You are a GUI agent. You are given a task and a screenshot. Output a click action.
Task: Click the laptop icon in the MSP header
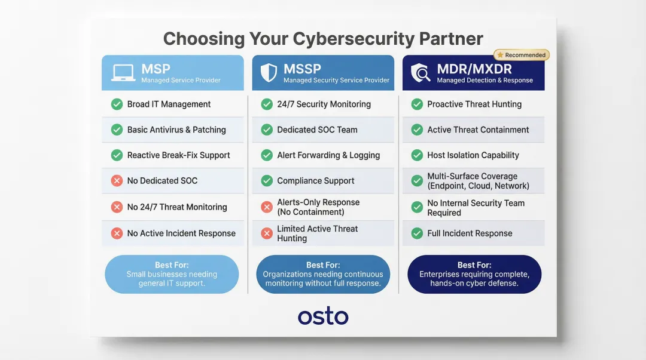pyautogui.click(x=123, y=73)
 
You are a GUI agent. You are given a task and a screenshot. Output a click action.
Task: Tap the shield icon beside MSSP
pyautogui.click(x=269, y=73)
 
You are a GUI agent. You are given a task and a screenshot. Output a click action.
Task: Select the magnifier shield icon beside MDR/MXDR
pyautogui.click(x=420, y=73)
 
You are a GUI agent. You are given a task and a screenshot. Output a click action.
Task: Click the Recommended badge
pyautogui.click(x=522, y=55)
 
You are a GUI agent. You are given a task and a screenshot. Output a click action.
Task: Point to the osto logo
pyautogui.click(x=323, y=316)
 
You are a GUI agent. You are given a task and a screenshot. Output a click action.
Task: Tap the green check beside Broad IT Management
pyautogui.click(x=117, y=104)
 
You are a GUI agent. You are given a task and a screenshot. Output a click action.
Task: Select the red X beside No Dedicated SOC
pyautogui.click(x=117, y=181)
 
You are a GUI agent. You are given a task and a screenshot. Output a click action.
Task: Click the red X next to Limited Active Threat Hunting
pyautogui.click(x=267, y=233)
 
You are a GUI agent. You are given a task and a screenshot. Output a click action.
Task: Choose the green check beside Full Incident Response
pyautogui.click(x=417, y=233)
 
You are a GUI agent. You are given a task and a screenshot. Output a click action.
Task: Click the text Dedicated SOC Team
pyautogui.click(x=317, y=130)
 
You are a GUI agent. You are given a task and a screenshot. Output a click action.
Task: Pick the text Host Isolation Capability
pyautogui.click(x=473, y=155)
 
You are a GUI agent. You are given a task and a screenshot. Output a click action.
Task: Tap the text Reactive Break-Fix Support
pyautogui.click(x=178, y=155)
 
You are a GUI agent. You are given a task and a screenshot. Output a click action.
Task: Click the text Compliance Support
pyautogui.click(x=315, y=181)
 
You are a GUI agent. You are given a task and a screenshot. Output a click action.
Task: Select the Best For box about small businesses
pyautogui.click(x=172, y=274)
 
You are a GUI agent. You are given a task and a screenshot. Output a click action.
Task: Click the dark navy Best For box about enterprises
pyautogui.click(x=474, y=274)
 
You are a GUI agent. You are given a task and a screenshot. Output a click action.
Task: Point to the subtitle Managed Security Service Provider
pyautogui.click(x=336, y=80)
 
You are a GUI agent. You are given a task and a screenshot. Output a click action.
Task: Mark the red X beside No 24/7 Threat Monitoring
pyautogui.click(x=117, y=207)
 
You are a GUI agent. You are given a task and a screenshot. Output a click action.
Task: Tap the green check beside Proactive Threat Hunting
pyautogui.click(x=417, y=104)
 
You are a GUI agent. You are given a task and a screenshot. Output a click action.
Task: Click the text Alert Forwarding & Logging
pyautogui.click(x=328, y=155)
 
